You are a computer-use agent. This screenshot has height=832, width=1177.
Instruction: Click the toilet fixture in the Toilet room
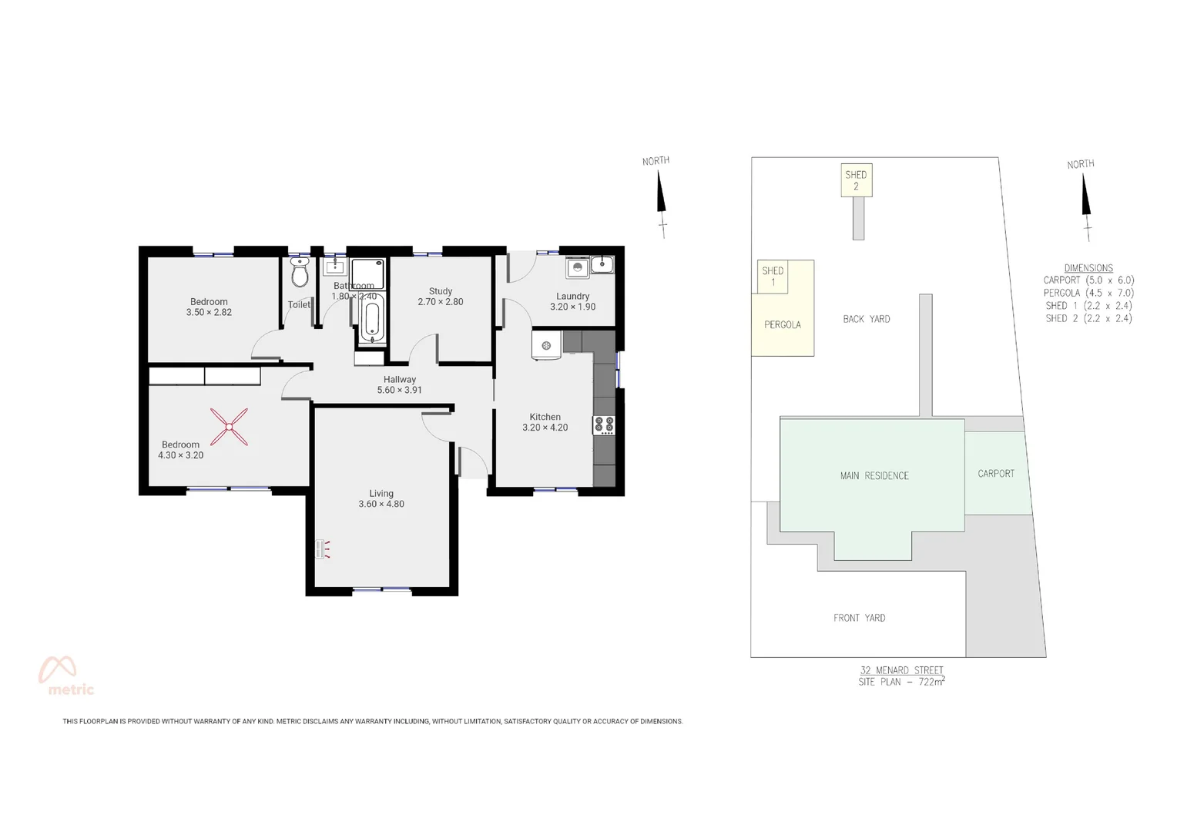point(300,273)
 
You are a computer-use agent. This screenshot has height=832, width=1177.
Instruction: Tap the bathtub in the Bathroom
point(372,321)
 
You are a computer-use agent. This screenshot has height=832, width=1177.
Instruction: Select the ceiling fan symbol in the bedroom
point(230,427)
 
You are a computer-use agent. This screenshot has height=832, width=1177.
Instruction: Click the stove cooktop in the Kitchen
point(604,425)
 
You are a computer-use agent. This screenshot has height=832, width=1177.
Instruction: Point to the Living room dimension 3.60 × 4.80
point(381,505)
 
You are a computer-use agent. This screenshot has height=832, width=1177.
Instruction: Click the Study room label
point(441,291)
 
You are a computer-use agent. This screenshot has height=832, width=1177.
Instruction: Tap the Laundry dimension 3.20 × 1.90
point(572,307)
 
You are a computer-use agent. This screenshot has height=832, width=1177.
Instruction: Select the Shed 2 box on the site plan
point(856,180)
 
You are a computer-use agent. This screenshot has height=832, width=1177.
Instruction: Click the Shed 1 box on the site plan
point(773,276)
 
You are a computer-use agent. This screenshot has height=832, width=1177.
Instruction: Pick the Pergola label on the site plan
point(783,325)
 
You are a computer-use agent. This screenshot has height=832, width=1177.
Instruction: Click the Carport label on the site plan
point(996,474)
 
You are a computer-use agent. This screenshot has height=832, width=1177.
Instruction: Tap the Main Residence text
point(874,476)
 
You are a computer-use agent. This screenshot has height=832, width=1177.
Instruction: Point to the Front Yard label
point(859,618)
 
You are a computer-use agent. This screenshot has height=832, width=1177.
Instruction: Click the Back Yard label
point(867,319)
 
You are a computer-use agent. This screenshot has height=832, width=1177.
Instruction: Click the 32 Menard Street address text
point(901,670)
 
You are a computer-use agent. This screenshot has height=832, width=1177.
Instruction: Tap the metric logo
point(66,676)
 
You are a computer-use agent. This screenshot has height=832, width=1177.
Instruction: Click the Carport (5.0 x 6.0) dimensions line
point(1088,280)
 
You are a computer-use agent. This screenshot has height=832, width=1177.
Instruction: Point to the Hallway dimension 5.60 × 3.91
point(399,390)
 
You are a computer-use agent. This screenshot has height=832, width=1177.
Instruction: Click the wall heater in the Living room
point(321,549)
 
